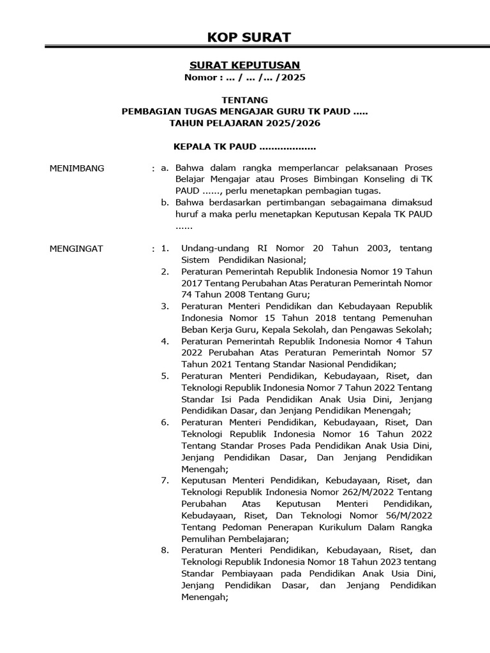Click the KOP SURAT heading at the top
249,37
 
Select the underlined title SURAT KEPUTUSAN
244,65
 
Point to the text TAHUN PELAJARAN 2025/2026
244,122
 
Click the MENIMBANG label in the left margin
77,168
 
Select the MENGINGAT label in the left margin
76,249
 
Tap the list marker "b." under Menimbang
165,203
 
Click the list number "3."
165,306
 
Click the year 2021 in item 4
222,363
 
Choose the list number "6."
165,422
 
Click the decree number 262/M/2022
358,492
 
